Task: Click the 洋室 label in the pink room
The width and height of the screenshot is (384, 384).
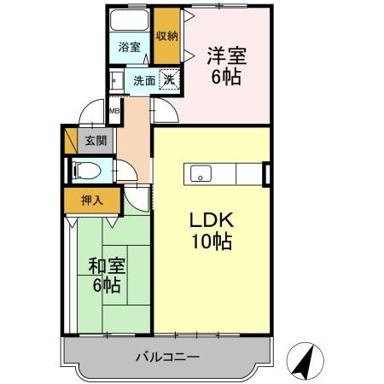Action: pyautogui.click(x=225, y=57)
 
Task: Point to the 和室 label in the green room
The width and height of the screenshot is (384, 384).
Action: pyautogui.click(x=108, y=265)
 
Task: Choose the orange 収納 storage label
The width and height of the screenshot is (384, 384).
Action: pyautogui.click(x=166, y=36)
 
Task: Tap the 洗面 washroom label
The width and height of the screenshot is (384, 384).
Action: pyautogui.click(x=144, y=81)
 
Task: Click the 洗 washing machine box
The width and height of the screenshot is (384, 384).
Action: pyautogui.click(x=171, y=80)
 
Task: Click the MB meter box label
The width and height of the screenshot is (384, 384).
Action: pyautogui.click(x=113, y=109)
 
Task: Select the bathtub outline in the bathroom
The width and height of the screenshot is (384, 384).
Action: pyautogui.click(x=131, y=21)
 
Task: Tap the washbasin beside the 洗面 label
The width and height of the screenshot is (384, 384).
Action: pyautogui.click(x=115, y=82)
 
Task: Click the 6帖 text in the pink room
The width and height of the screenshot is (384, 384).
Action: pyautogui.click(x=225, y=77)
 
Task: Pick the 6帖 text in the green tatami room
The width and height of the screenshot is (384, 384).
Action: pyautogui.click(x=108, y=284)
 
